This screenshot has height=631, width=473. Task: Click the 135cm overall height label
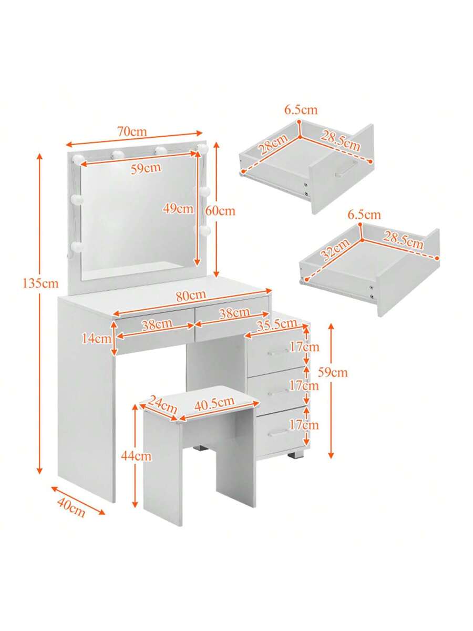coord(40,284)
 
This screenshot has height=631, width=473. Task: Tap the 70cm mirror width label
coord(132,132)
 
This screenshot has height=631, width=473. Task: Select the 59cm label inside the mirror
coord(146,168)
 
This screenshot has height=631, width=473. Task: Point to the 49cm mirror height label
coord(178,208)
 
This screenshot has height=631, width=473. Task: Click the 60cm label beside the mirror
coord(220,211)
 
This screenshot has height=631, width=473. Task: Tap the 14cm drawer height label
coord(97,339)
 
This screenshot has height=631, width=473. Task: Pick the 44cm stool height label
coord(136,456)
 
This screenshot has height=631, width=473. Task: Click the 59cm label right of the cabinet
coord(333,373)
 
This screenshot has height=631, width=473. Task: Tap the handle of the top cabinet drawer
coord(277,352)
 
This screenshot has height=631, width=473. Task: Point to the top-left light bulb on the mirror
coord(78,158)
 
